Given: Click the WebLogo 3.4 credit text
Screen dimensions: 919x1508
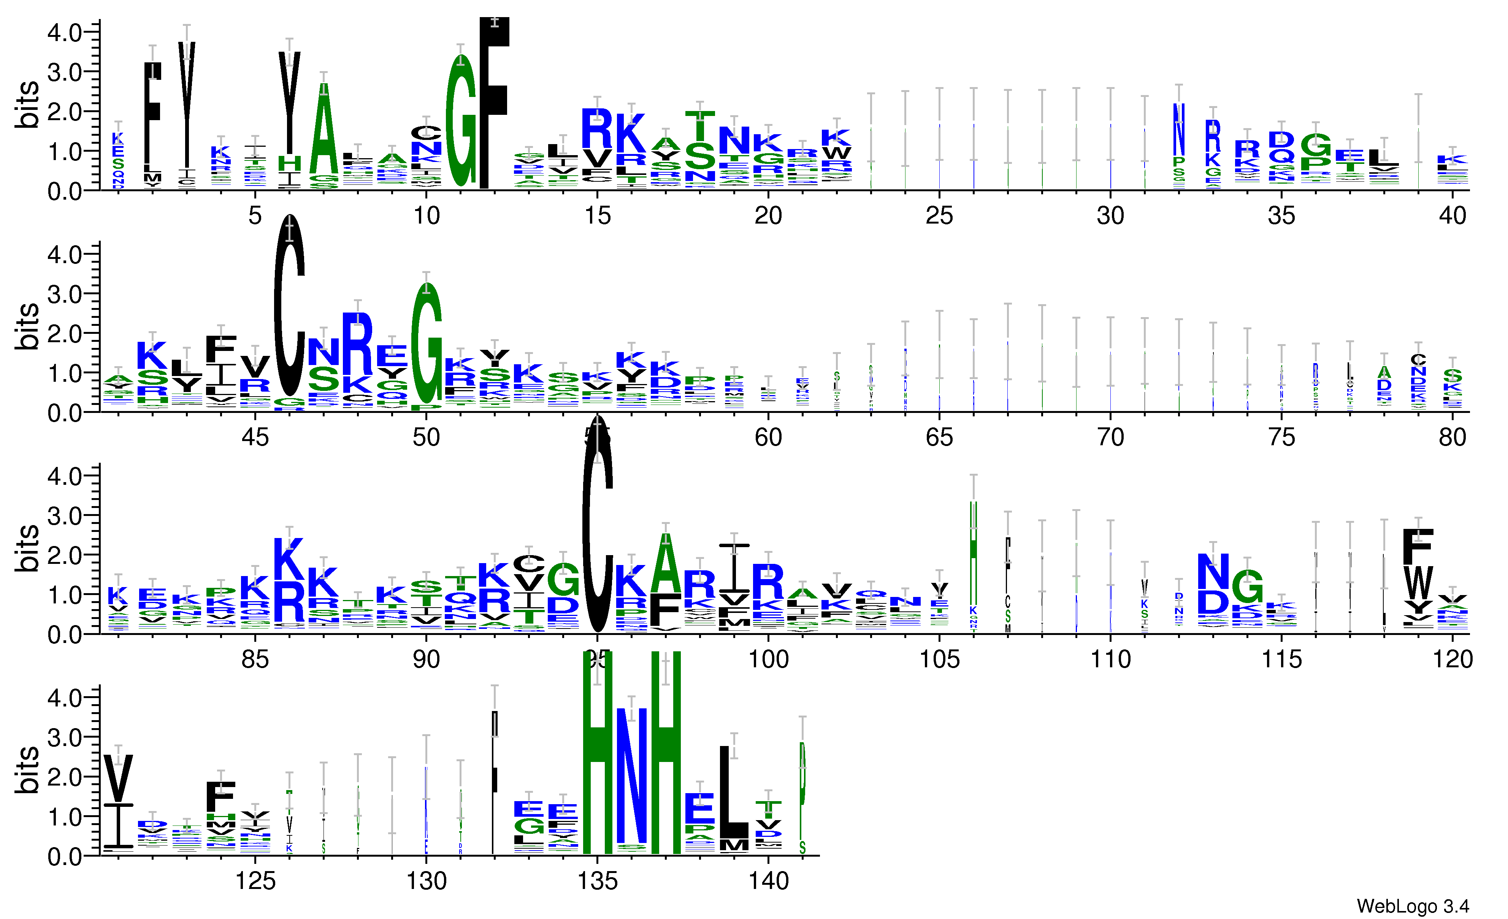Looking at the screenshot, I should [1412, 906].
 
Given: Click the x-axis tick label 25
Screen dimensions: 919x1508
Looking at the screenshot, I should [939, 216].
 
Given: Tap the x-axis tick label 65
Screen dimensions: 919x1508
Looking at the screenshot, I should [939, 437].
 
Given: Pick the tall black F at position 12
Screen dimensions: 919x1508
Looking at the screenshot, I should [495, 104].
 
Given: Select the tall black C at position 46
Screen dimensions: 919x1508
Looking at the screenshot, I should [290, 306].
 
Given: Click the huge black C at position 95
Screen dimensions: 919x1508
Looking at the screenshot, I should [597, 527].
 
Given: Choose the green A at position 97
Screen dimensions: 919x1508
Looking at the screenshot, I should [666, 563].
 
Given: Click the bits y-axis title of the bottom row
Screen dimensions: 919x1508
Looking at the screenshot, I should [27, 770].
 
